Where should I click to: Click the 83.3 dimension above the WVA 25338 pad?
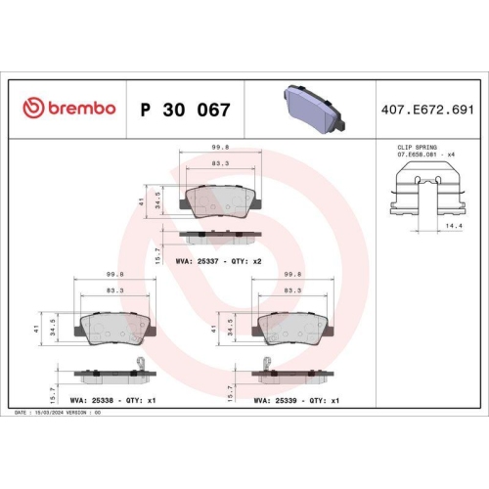click(x=114, y=290)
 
